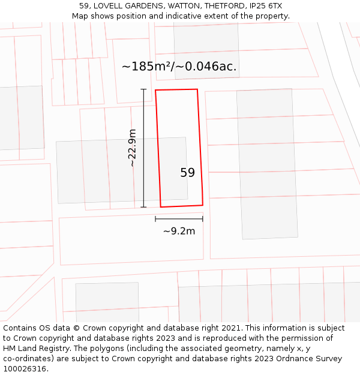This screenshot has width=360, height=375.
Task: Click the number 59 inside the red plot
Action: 188,173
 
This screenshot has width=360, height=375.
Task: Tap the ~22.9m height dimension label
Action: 132,148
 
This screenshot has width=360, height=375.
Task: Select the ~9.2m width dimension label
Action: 179,231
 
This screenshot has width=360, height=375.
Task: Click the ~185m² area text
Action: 148,66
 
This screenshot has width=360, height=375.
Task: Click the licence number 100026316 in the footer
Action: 24,369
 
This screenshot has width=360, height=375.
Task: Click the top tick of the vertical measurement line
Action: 143,89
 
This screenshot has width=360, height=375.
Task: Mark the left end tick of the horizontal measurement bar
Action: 155,219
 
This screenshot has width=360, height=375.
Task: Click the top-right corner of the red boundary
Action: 197,89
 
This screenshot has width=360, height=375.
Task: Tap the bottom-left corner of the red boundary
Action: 161,207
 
